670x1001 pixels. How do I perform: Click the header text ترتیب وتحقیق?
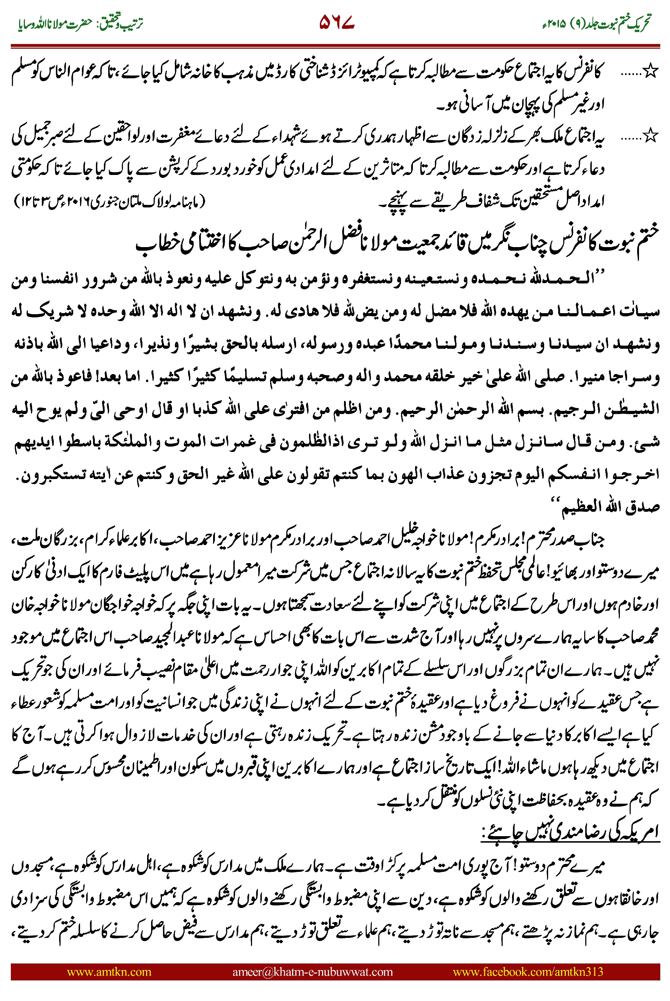click(122, 23)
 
